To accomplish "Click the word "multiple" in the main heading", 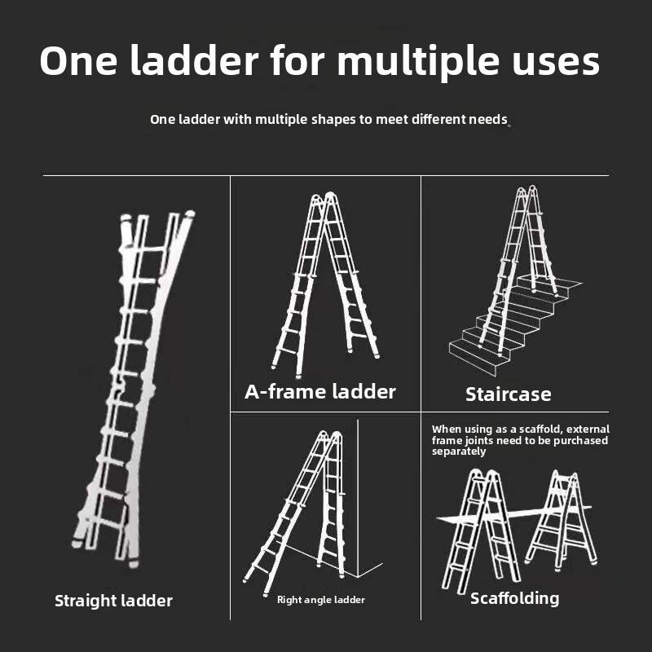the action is [x=417, y=62].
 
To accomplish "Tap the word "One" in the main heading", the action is [x=78, y=60].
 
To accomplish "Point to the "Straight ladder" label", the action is [x=113, y=601].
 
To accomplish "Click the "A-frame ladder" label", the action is [x=320, y=392].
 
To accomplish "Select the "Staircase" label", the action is [x=508, y=394].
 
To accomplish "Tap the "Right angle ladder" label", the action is [x=320, y=600].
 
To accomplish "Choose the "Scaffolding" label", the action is [x=514, y=599].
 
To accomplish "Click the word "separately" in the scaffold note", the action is [x=458, y=452].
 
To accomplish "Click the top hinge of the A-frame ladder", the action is [x=324, y=197].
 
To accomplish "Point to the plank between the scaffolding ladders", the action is [x=514, y=513].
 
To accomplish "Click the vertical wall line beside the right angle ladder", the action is [x=358, y=498].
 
